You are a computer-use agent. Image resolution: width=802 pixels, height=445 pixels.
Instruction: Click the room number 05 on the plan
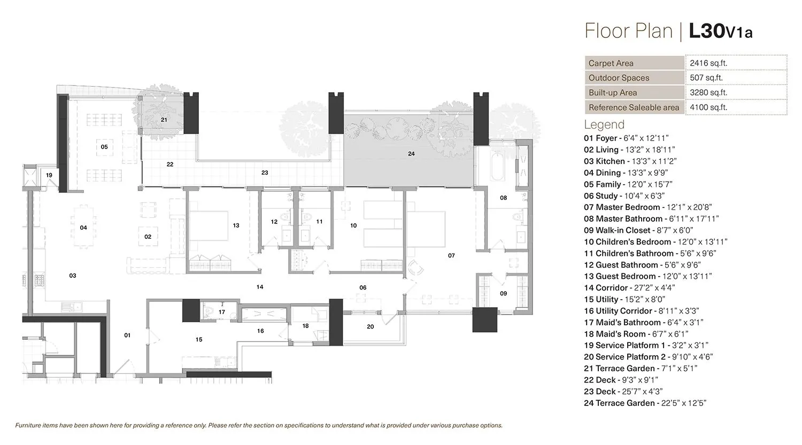coord(104,147)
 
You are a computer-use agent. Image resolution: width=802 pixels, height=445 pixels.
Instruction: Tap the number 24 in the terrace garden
coord(411,154)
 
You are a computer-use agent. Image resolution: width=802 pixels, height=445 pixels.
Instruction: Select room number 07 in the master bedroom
coord(451,256)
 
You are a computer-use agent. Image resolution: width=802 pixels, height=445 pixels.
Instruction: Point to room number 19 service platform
coord(49,175)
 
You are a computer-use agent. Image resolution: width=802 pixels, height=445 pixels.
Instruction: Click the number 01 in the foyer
coord(127,335)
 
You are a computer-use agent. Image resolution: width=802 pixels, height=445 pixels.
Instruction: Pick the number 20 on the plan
coord(371,326)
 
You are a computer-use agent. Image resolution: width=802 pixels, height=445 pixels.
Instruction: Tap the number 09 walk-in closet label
coord(503,293)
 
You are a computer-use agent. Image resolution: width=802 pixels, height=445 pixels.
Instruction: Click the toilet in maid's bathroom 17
coord(209,313)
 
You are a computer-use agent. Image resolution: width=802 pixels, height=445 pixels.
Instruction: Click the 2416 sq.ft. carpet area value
coord(708,63)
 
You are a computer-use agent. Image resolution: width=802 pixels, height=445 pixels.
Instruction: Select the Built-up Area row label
coord(613,92)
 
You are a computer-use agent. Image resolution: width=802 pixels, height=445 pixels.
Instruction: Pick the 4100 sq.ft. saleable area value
coord(708,107)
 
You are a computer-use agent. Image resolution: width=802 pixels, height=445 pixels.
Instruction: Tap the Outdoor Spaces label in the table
coord(619,78)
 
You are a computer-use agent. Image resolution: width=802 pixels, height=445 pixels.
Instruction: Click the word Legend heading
coord(604,124)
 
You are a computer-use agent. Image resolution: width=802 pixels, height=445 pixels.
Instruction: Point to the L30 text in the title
coord(706,31)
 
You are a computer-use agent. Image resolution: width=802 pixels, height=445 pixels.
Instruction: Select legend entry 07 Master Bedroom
coord(647,207)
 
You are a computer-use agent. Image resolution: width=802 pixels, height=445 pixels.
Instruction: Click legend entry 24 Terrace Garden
coord(645,403)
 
